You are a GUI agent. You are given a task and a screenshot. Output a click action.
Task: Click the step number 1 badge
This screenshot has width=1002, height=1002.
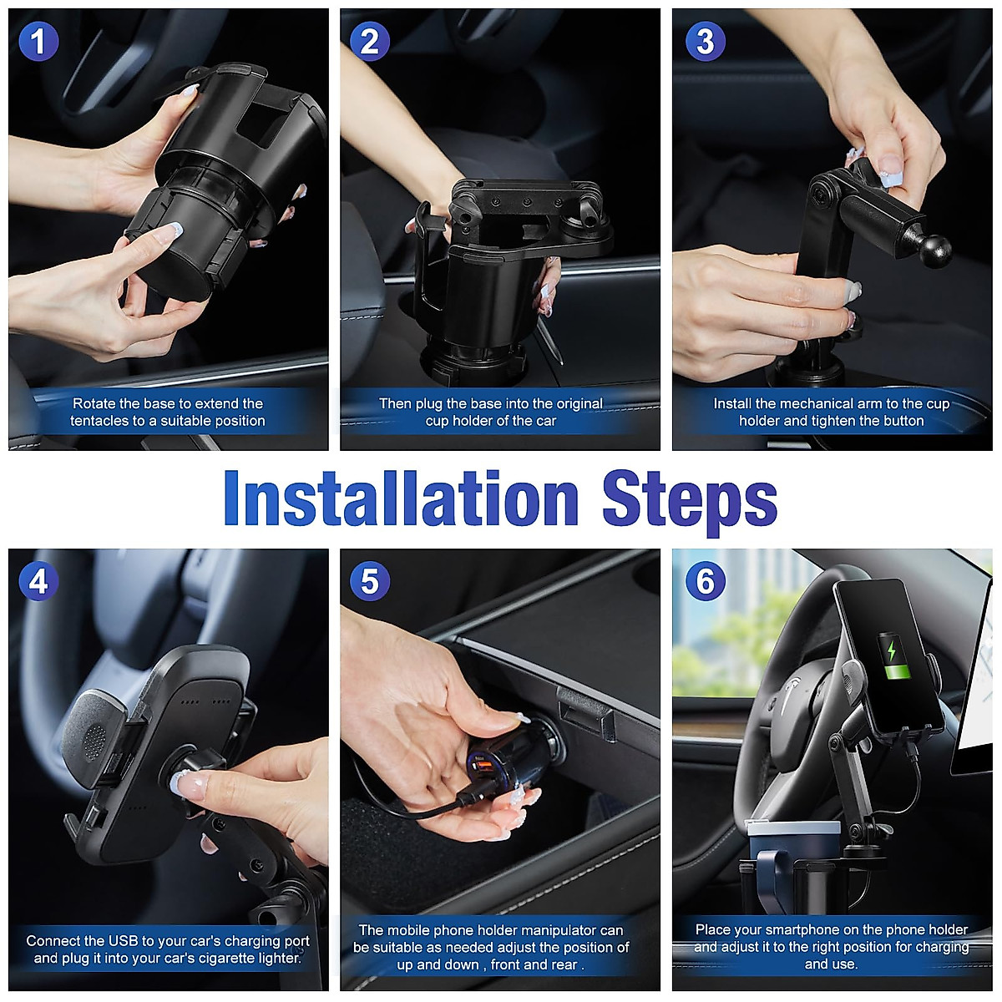(x=38, y=42)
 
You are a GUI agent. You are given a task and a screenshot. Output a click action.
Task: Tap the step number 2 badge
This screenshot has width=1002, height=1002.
(x=370, y=42)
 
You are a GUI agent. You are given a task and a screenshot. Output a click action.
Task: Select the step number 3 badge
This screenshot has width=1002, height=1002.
(x=706, y=42)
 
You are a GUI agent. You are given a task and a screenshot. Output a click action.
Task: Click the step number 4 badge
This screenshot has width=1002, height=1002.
(x=38, y=581)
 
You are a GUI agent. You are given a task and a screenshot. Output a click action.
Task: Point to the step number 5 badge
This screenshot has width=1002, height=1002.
(x=370, y=581)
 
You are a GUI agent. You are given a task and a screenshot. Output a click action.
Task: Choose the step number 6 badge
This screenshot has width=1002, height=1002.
(x=706, y=581)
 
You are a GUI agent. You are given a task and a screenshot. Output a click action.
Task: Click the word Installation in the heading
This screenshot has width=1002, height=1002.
(x=401, y=499)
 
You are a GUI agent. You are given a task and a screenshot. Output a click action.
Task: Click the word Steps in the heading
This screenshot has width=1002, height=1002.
(x=690, y=499)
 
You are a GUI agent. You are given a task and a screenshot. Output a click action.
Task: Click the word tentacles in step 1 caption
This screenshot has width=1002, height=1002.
(x=100, y=421)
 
